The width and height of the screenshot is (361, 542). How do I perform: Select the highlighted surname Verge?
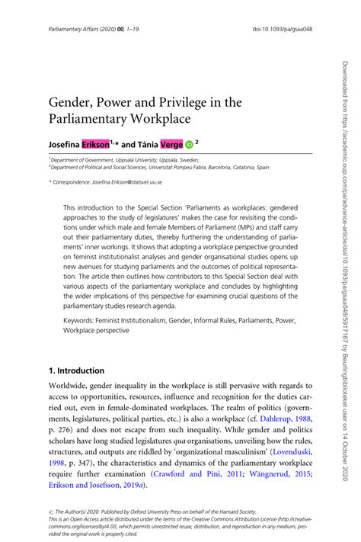point(165,142)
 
